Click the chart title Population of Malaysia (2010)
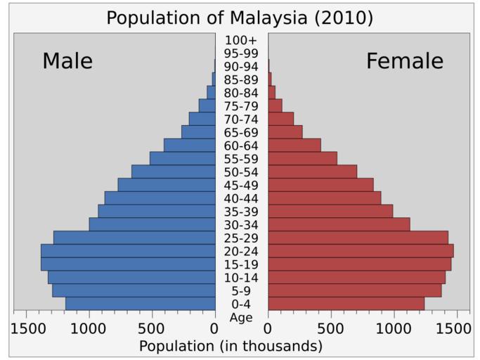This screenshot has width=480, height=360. click(x=240, y=18)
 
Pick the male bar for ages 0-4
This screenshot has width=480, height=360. click(x=140, y=304)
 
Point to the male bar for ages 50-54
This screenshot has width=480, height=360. click(x=173, y=172)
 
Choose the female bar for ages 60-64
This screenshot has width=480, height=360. click(x=294, y=146)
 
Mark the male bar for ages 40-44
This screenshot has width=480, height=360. click(x=160, y=198)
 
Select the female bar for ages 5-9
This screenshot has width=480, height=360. click(x=354, y=290)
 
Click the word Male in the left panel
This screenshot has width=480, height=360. click(x=67, y=61)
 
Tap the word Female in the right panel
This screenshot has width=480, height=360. click(x=405, y=61)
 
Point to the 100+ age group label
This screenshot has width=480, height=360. click(x=241, y=40)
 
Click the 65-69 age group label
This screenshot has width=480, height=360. click(x=241, y=132)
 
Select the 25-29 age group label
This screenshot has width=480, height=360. click(x=241, y=238)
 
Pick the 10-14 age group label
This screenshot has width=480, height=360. click(x=241, y=277)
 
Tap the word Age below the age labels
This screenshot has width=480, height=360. click(x=241, y=317)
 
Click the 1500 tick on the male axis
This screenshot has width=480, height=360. click(x=29, y=328)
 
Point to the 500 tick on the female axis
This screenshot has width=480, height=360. click(x=330, y=328)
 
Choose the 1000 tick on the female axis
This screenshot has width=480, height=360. click(x=394, y=328)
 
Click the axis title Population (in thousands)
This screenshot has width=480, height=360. click(x=231, y=346)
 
